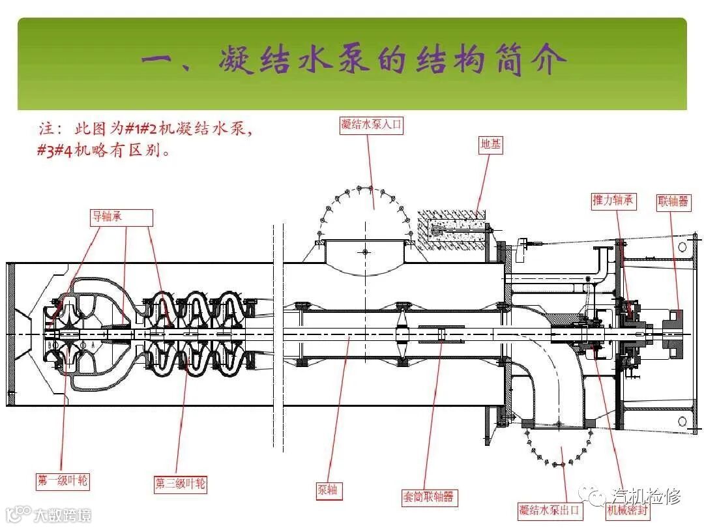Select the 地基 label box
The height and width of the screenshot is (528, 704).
tap(491, 145)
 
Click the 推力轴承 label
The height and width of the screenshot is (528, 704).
tap(612, 200)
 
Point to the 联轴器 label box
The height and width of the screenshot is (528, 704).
tap(673, 201)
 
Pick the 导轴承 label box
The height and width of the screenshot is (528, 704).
tap(121, 217)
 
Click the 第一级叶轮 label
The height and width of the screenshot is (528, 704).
tap(63, 481)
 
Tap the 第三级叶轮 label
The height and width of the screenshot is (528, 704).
tap(181, 484)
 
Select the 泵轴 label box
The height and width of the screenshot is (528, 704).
tap(328, 490)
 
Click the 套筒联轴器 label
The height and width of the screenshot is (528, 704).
tap(428, 497)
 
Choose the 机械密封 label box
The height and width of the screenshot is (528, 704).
tap(627, 510)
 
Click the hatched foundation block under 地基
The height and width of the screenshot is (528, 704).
tap(452, 227)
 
